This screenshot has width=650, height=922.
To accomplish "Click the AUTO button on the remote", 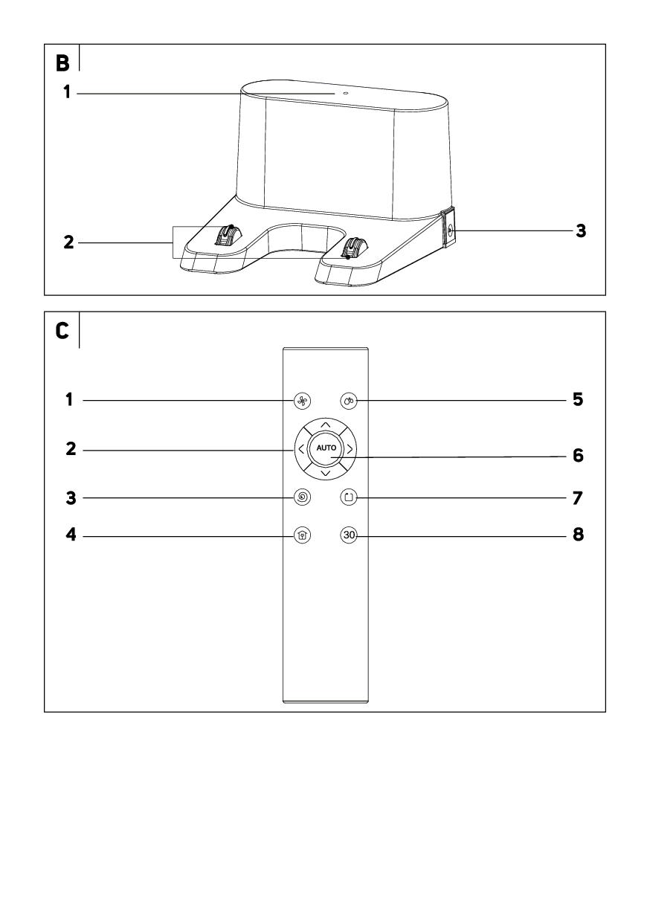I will pos(326,449).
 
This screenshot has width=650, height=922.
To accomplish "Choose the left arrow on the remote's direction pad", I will pos(300,449).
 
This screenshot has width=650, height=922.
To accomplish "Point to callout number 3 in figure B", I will pos(581,231).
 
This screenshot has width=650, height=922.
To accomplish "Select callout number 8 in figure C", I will pos(578,535).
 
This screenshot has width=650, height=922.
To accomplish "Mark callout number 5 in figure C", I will pos(578,401).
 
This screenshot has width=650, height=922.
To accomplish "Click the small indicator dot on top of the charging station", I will pos(345,94).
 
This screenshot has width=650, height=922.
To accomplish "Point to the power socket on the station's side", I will pos(450,231).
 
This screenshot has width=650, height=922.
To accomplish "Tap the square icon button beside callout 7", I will pos(349,496).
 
